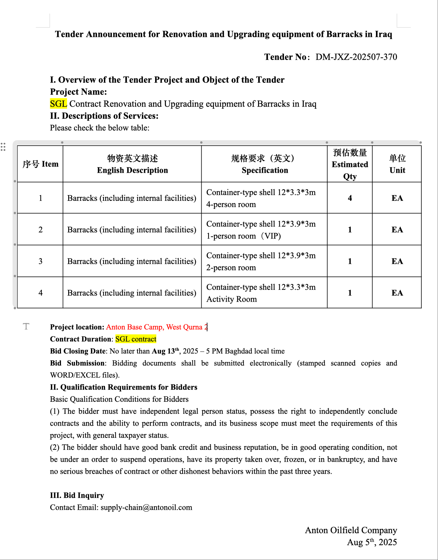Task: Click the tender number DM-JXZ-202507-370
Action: (x=356, y=57)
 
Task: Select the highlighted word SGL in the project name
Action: (x=58, y=104)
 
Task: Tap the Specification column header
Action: (x=264, y=164)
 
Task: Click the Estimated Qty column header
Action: (x=350, y=164)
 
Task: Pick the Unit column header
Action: (x=397, y=164)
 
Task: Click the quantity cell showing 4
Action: (x=350, y=198)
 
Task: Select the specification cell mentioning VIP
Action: (x=264, y=230)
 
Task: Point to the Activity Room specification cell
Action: (x=264, y=293)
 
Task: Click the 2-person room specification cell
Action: (x=264, y=262)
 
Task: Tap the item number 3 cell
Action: (x=40, y=261)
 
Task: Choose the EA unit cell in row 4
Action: (x=397, y=293)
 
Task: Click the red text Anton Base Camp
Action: (x=134, y=327)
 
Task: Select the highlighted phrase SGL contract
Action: (x=136, y=339)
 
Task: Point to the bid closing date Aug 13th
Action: (x=165, y=351)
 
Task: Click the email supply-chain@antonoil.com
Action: (x=146, y=508)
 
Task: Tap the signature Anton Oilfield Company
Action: (x=351, y=530)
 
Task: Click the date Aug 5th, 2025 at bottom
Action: (x=372, y=542)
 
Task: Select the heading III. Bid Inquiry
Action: (x=77, y=495)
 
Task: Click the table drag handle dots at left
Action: (x=3, y=147)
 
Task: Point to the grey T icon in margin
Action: (x=26, y=327)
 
